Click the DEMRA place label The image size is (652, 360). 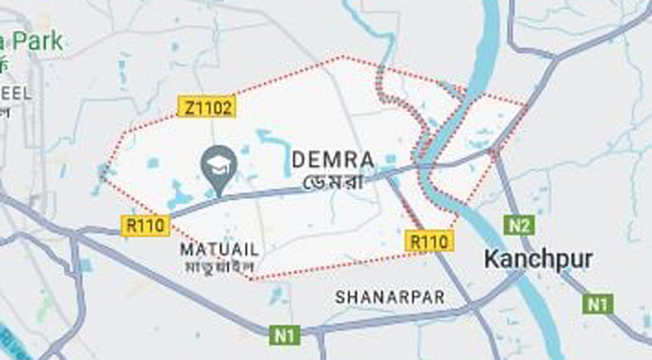point(333,159)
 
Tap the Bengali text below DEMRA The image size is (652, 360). point(332,181)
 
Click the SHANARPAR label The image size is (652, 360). point(389,295)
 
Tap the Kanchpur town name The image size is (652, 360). point(538,260)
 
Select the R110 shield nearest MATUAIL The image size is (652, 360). point(144,225)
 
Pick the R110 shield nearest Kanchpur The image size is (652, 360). point(429,241)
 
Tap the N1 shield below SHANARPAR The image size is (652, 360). point(284,336)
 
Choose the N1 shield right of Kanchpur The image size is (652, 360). point(598,304)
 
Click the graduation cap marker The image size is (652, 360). point(219,164)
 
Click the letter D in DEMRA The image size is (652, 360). point(298,159)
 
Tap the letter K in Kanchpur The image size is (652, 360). point(491,260)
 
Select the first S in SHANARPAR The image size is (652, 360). point(340,295)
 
